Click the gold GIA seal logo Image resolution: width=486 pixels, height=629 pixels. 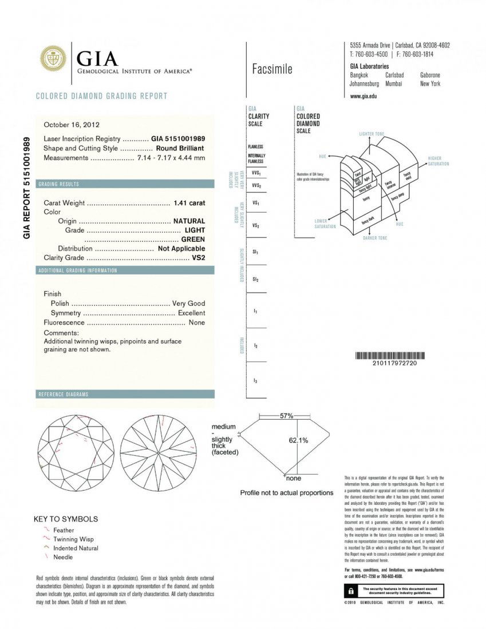(53, 59)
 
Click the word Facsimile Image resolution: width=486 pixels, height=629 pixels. (272, 69)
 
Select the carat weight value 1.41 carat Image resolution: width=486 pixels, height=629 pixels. (189, 203)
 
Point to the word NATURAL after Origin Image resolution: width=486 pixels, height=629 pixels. (189, 221)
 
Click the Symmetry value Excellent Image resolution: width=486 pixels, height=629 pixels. (191, 313)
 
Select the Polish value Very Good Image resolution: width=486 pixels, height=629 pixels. (188, 304)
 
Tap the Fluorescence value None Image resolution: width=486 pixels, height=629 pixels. (196, 323)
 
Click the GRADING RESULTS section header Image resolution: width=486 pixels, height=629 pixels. (58, 184)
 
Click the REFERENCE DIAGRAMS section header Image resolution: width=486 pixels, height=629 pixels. (63, 395)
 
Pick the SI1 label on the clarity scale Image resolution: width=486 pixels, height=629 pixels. (255, 252)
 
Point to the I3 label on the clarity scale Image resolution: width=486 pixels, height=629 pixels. (255, 380)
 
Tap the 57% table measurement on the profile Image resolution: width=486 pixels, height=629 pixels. (286, 416)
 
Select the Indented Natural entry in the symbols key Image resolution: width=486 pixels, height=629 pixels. (76, 548)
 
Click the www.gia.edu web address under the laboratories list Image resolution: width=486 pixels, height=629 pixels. (363, 96)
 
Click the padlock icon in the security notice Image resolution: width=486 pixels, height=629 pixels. (349, 590)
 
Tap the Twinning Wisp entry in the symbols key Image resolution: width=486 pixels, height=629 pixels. (73, 539)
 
